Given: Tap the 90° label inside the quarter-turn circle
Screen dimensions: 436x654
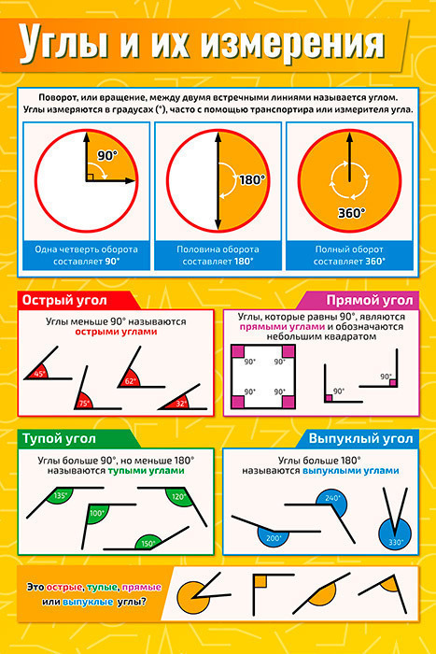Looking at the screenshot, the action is tap(107, 156).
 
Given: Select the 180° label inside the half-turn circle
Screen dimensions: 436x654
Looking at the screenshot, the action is tap(253, 180).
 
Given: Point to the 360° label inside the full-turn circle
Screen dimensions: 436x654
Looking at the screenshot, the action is tap(351, 213).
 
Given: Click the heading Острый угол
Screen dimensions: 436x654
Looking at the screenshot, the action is tap(64, 300).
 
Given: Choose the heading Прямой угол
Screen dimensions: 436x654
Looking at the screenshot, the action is tap(370, 300).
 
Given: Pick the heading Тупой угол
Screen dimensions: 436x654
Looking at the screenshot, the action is tap(59, 439).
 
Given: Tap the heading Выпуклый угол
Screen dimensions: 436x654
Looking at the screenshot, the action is tap(360, 439).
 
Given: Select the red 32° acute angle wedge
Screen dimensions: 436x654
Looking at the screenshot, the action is tap(178, 403).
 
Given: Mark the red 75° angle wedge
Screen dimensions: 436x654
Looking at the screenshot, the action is tap(84, 401).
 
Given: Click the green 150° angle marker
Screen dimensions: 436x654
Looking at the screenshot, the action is tap(148, 542).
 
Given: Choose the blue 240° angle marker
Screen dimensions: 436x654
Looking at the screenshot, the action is tap(331, 500).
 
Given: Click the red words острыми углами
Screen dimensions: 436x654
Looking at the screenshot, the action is tap(116, 332).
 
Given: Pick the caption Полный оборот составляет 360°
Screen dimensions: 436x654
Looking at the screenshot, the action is tap(349, 255).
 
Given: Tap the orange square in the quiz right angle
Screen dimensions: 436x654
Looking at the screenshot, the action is tap(260, 581).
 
